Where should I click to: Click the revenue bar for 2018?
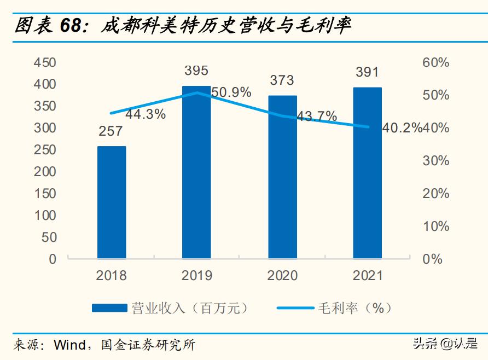coord(112,202)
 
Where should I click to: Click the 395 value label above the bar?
coord(196,71)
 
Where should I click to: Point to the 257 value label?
coord(112,131)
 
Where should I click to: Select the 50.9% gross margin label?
coord(231,92)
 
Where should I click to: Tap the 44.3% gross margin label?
coord(146,115)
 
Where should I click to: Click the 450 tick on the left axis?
coord(45,62)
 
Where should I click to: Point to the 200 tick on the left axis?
coord(45,172)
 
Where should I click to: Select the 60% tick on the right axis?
coord(436,62)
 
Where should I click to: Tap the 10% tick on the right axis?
coord(436,227)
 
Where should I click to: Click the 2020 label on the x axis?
coord(282,275)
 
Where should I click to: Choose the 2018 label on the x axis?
coord(112,275)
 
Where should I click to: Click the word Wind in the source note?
coord(69,345)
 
